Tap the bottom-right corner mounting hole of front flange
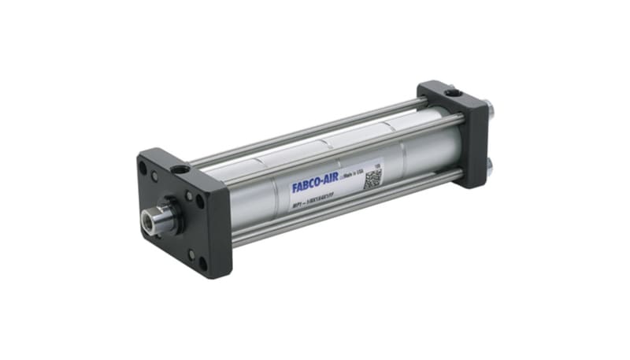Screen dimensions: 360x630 pyautogui.click(x=203, y=263)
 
